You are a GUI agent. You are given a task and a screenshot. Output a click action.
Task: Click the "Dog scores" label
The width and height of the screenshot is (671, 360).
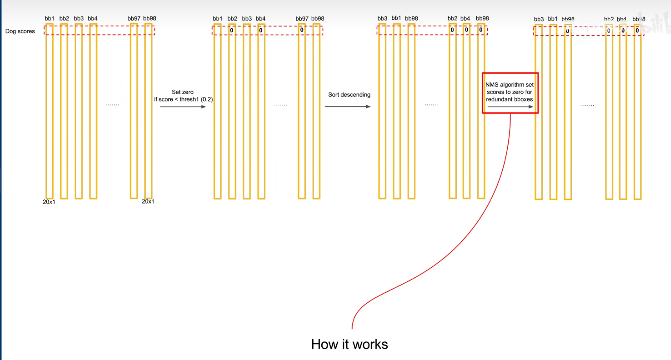20,31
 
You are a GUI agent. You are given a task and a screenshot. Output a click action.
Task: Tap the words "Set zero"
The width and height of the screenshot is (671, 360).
182,92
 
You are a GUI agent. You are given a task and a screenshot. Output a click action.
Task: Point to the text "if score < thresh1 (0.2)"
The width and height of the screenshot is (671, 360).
183,99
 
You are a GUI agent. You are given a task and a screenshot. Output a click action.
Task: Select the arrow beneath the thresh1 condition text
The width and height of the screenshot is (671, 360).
183,107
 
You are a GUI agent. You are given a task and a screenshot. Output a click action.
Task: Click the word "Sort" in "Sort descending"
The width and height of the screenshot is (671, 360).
334,95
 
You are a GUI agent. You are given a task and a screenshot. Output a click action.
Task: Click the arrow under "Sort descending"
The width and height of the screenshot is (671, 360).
348,107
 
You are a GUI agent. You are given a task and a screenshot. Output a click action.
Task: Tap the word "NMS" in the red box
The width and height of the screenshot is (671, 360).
492,85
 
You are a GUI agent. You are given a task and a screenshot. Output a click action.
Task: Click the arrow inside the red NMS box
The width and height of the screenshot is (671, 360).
510,107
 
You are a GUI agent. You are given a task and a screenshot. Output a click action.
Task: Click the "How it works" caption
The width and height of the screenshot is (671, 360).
349,344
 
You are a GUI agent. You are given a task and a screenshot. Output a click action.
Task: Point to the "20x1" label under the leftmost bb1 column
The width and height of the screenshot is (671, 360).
49,202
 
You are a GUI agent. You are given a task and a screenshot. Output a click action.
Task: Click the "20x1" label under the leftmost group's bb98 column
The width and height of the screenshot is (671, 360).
148,201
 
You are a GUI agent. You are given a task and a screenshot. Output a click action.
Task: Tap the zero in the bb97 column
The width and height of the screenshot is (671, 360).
302,30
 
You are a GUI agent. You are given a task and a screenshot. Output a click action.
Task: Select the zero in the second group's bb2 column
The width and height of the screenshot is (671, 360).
232,30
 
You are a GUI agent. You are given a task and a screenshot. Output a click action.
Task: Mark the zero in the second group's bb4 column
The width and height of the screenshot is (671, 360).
260,30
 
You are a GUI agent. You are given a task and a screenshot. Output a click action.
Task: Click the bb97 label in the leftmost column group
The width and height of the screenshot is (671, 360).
134,18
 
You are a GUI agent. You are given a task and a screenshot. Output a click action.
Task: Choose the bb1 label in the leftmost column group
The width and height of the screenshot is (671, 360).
49,18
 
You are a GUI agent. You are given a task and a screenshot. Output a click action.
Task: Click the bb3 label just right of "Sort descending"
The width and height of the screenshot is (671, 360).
382,18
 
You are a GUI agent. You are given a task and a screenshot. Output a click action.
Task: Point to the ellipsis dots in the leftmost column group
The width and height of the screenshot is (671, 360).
112,105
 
